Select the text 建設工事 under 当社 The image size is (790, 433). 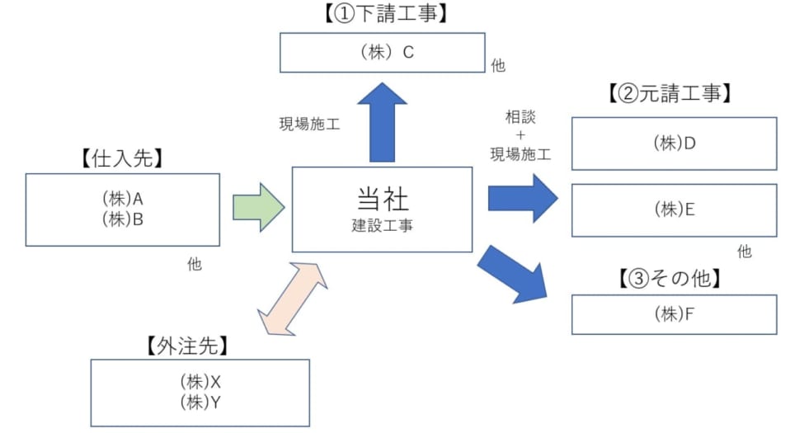[x=383, y=225]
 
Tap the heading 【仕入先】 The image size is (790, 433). [x=122, y=159]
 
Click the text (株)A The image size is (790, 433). [x=122, y=199]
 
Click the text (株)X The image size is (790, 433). [x=200, y=382]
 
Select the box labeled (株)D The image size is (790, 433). [x=674, y=144]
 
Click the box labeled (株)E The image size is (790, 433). [x=674, y=209]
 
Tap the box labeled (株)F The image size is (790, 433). [x=674, y=313]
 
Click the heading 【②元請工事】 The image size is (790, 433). [x=669, y=94]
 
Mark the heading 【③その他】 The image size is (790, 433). [x=669, y=279]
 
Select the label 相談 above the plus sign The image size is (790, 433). [x=520, y=117]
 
